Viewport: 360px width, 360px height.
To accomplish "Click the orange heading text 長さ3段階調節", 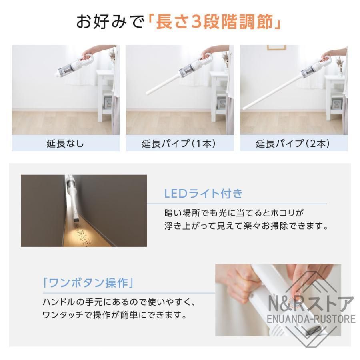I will pos(214,22).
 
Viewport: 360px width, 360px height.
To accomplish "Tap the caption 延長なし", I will pos(66,143).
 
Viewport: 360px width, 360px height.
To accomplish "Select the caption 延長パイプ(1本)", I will pos(180,143).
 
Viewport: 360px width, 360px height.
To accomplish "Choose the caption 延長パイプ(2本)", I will pos(294,143).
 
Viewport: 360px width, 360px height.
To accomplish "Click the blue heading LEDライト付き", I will pos(204,194).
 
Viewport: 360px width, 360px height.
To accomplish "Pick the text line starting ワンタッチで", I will pos(115,315).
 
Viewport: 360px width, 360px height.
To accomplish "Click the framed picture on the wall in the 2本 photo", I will pos(276,47).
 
